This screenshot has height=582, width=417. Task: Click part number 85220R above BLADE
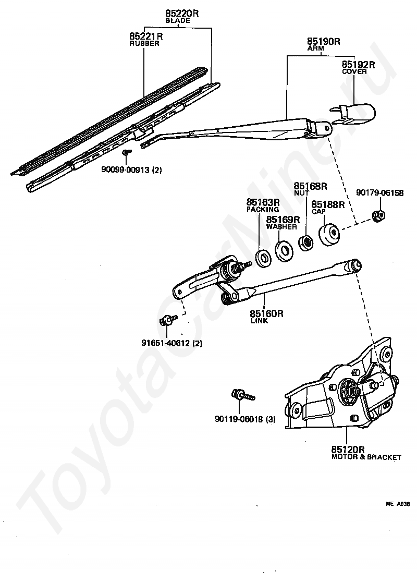(182, 14)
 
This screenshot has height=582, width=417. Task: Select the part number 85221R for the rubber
(146, 36)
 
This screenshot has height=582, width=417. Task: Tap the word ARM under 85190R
(315, 48)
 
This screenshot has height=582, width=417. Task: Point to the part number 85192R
(359, 65)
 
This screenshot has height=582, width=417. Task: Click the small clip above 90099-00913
(126, 152)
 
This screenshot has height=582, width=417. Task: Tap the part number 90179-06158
(380, 192)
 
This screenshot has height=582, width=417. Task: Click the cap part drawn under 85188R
(330, 235)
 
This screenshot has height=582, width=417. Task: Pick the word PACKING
(263, 209)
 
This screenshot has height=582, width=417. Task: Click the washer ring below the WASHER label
(284, 250)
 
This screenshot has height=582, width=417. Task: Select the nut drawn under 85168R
(305, 242)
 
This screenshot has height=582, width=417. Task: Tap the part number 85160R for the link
(266, 313)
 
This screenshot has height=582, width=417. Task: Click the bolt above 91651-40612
(166, 320)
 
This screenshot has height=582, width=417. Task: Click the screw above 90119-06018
(242, 396)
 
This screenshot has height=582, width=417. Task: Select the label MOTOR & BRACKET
(366, 457)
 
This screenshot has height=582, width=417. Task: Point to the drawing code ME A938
(398, 504)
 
